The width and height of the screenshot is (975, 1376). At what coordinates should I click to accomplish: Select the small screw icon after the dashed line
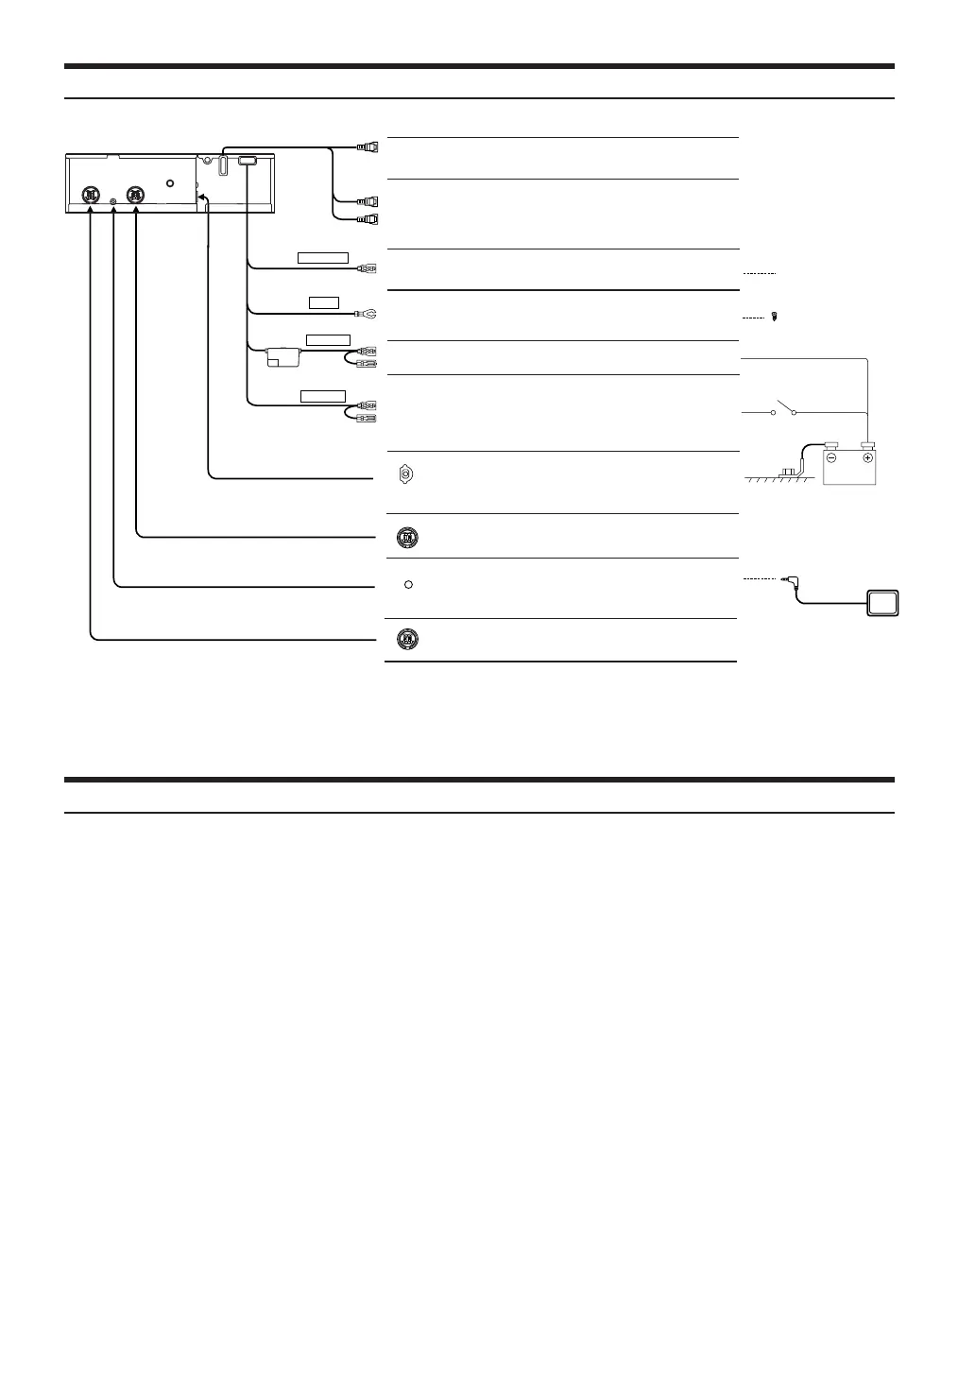775,318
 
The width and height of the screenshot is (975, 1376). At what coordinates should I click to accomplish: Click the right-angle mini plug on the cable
787,580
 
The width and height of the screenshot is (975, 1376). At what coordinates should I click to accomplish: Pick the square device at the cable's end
883,603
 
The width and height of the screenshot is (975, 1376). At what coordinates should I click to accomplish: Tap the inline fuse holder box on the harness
283,356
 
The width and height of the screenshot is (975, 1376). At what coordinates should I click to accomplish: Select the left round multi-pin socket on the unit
90,195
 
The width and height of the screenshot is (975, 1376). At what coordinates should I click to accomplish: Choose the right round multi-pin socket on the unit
137,195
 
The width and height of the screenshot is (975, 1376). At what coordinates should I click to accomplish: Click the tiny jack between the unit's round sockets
113,200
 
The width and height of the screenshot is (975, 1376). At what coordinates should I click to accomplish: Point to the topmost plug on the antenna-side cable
368,146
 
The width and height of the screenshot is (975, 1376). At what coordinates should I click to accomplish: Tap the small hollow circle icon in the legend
408,584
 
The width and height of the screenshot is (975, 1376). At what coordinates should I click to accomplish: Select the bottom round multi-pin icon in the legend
406,639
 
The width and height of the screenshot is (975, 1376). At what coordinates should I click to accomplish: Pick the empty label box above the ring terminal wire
324,302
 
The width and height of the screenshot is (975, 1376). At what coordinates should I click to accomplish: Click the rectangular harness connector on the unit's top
247,163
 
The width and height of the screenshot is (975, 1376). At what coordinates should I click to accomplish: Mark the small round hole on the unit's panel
169,183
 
